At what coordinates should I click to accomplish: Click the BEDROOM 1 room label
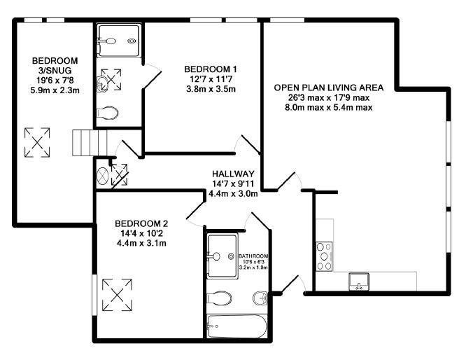tap(211, 69)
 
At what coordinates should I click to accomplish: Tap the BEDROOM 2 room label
tap(141, 223)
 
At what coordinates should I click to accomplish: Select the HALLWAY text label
tap(233, 174)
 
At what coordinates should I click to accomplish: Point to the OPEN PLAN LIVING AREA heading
tap(329, 88)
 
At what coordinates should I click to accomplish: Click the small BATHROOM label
tap(253, 256)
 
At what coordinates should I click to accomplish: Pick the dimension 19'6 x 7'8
tap(55, 81)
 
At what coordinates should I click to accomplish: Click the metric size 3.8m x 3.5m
tap(211, 89)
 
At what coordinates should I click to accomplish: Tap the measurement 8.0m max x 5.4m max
tap(329, 107)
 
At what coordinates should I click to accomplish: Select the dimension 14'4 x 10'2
tap(141, 233)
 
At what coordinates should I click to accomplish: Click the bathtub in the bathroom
tap(237, 326)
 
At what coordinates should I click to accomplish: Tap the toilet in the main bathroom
tap(219, 298)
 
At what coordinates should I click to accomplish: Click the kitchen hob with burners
tap(324, 256)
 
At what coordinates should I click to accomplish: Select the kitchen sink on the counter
tap(359, 282)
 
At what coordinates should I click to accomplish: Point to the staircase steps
tap(90, 143)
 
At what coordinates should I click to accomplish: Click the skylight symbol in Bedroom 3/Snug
tap(37, 142)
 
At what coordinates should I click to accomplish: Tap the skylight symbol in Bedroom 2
tap(117, 295)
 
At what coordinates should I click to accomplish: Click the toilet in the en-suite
tap(108, 113)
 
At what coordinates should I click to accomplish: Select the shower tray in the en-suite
tap(119, 41)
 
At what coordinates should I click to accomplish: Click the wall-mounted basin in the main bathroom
tap(261, 298)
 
